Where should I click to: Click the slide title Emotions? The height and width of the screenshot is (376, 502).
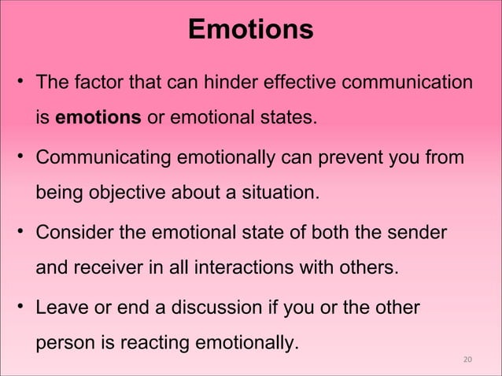coord(251,30)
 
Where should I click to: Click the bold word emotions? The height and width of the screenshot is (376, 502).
coord(98,120)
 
